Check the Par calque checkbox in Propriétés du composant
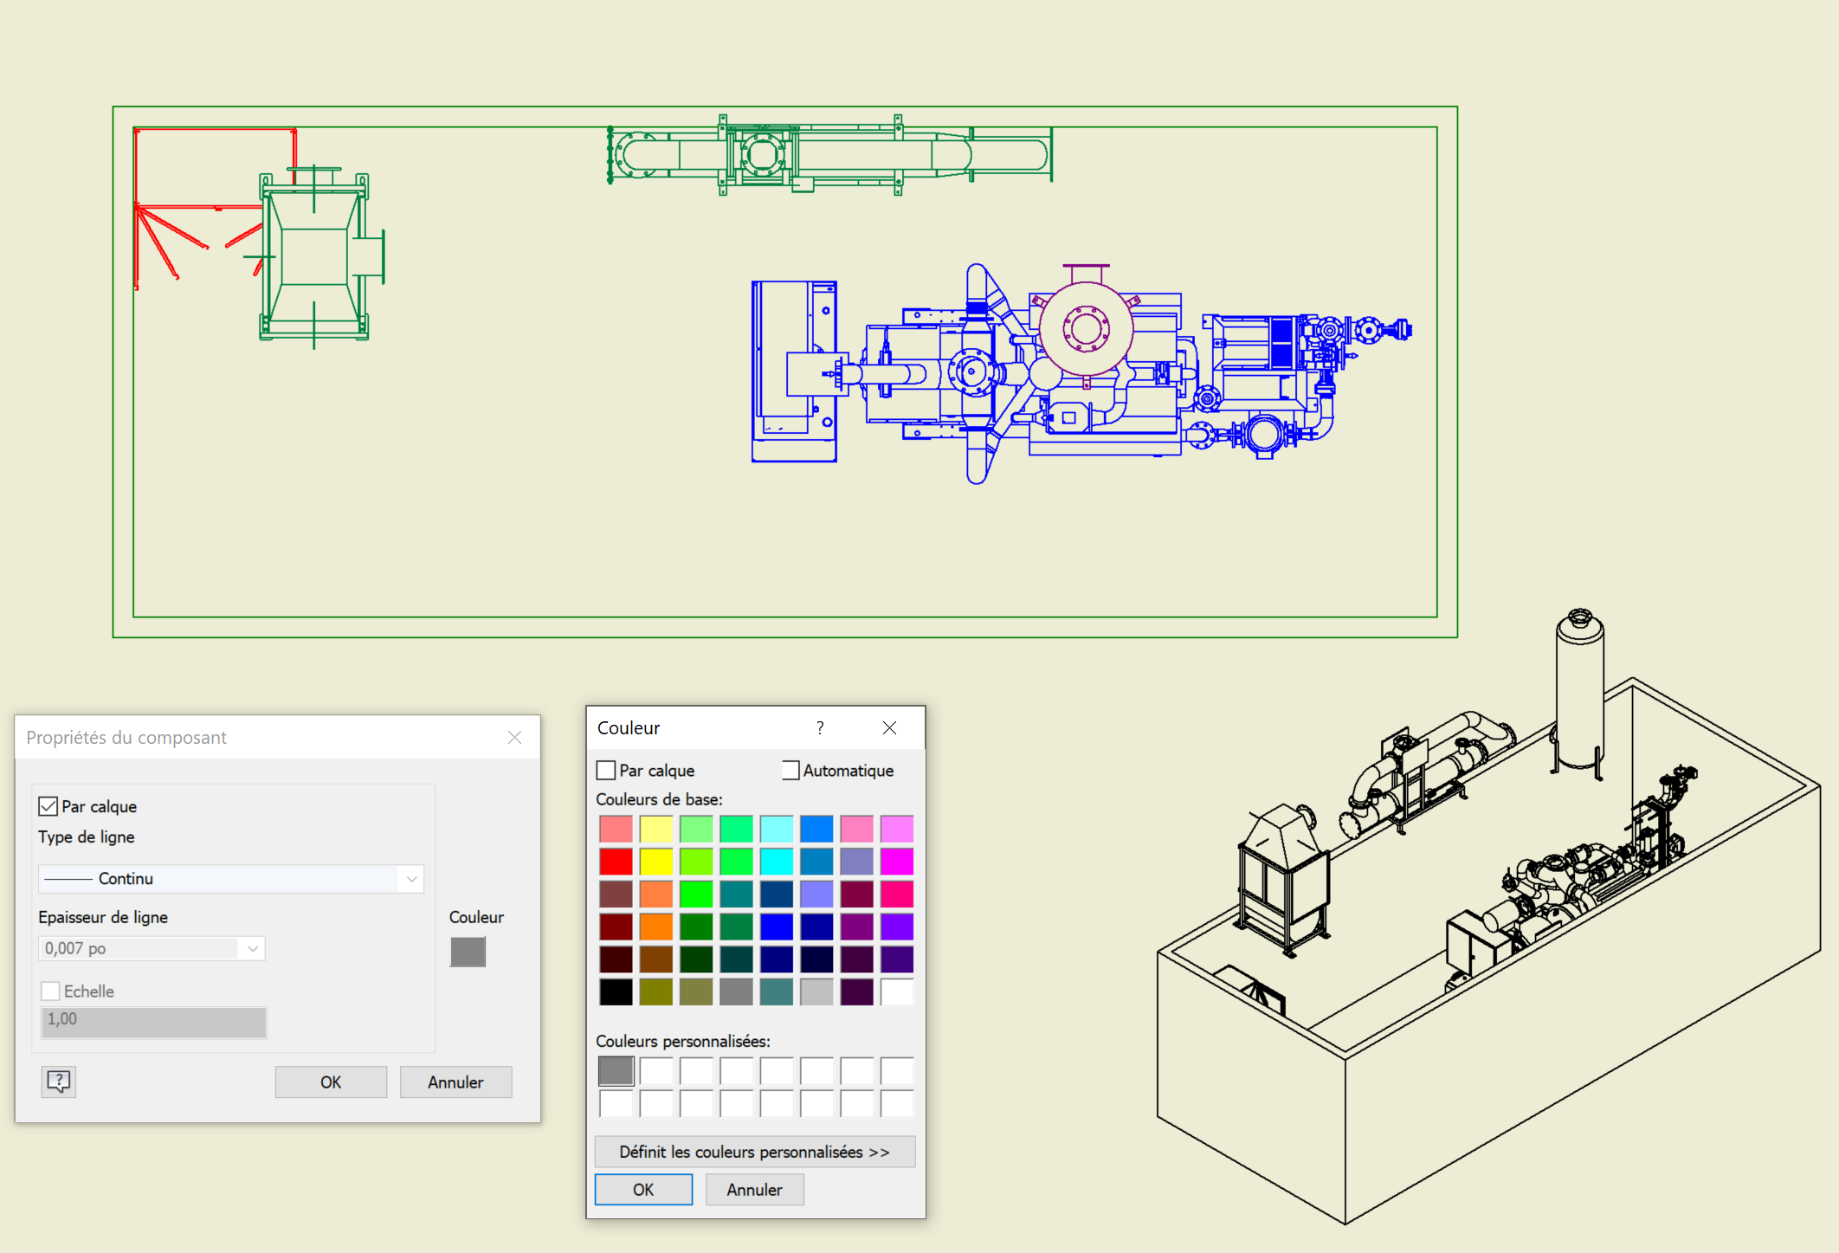(48, 806)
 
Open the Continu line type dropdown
(230, 878)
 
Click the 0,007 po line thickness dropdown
(152, 948)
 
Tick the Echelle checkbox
(51, 991)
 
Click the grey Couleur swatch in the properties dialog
(468, 952)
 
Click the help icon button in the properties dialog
(59, 1081)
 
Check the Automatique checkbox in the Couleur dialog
(790, 770)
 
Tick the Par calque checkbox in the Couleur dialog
(606, 770)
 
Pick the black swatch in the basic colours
(616, 991)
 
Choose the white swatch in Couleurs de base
(897, 991)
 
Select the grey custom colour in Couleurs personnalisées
(616, 1071)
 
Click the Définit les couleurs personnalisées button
(754, 1152)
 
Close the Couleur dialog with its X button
(889, 728)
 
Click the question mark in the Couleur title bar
(820, 728)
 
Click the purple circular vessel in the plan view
(1086, 329)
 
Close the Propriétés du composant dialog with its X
(514, 737)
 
